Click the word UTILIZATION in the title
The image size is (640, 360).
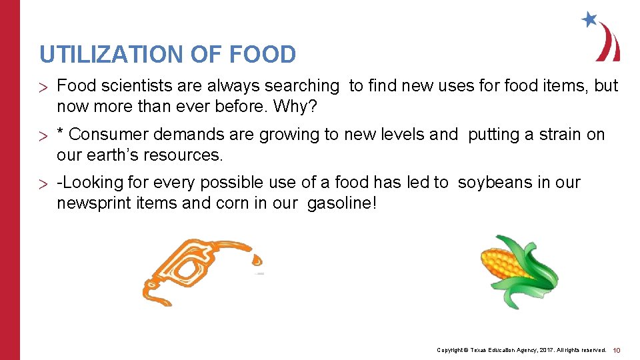(x=111, y=54)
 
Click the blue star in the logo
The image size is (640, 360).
(x=589, y=19)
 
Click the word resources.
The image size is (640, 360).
(x=192, y=155)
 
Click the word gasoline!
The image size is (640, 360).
(x=342, y=203)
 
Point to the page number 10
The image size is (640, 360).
(x=616, y=350)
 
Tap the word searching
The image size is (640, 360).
(x=302, y=86)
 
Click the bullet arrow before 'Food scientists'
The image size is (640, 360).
(x=44, y=87)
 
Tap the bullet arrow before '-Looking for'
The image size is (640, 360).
(x=44, y=184)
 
